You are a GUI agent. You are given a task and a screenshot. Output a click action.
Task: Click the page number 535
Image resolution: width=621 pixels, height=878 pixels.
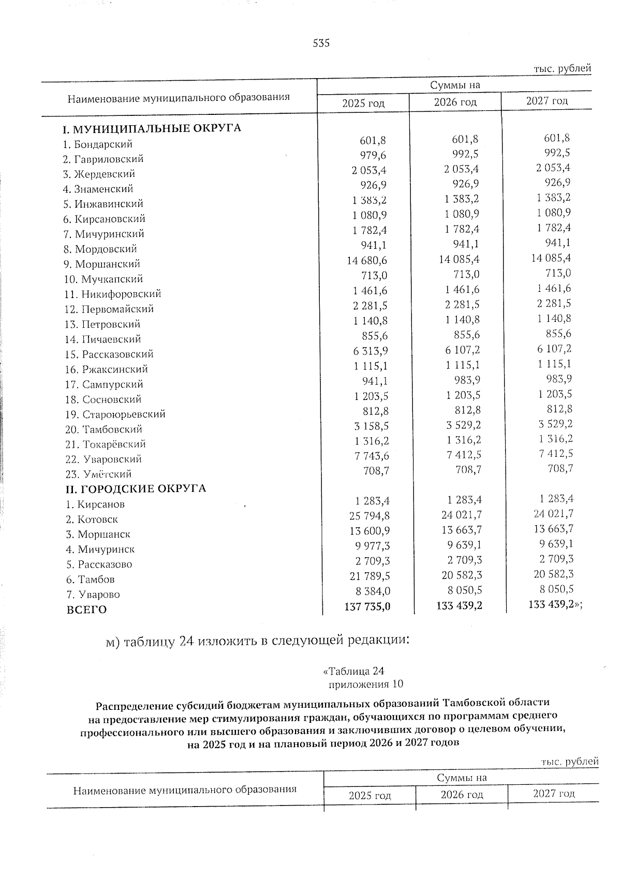point(321,43)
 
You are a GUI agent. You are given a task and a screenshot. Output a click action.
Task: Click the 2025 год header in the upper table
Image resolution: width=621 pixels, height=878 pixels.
point(363,103)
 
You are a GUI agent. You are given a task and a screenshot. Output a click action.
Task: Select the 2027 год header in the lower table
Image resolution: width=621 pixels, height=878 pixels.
point(554,794)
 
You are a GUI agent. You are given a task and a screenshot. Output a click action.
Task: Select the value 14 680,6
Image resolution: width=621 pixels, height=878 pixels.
point(367,260)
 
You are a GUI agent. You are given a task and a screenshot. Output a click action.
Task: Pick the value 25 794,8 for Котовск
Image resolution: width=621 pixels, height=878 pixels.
point(369,516)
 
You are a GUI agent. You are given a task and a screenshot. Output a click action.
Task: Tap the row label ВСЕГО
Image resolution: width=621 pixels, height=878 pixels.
point(86,609)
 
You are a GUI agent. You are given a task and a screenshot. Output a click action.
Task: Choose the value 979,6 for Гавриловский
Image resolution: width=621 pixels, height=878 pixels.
point(373,155)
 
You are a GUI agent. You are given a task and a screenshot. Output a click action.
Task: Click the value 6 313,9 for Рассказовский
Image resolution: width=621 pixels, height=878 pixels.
point(371,351)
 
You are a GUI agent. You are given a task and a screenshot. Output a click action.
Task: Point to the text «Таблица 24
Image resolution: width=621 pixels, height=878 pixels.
point(354,672)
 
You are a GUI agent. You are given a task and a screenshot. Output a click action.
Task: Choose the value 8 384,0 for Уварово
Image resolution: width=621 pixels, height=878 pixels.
point(372,591)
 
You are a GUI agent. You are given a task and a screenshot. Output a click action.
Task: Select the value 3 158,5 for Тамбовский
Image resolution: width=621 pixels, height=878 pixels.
point(371,426)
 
